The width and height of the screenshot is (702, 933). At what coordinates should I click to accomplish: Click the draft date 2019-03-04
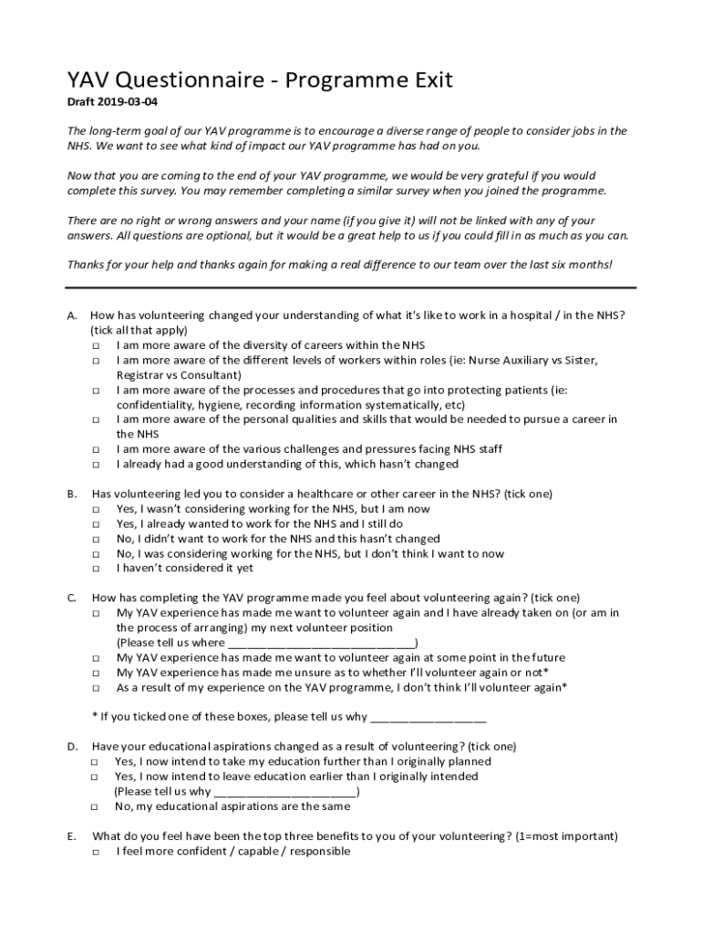pyautogui.click(x=123, y=103)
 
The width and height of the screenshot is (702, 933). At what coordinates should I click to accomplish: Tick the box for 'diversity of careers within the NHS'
pyautogui.click(x=96, y=346)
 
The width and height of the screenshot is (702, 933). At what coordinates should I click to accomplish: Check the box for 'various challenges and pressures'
pyautogui.click(x=96, y=450)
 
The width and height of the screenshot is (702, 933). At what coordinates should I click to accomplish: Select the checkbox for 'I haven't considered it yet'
pyautogui.click(x=96, y=569)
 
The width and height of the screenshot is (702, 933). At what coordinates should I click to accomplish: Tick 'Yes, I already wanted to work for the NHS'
pyautogui.click(x=96, y=525)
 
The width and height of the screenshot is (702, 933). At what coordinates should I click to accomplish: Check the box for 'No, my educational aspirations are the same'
pyautogui.click(x=96, y=807)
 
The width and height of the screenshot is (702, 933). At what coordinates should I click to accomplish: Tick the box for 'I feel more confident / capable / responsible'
pyautogui.click(x=96, y=852)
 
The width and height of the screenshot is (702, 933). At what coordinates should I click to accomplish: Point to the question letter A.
pyautogui.click(x=71, y=315)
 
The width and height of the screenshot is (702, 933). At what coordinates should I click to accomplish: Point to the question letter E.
pyautogui.click(x=71, y=836)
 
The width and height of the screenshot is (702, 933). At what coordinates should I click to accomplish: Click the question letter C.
pyautogui.click(x=71, y=599)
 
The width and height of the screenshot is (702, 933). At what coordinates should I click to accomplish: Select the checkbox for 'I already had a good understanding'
pyautogui.click(x=96, y=465)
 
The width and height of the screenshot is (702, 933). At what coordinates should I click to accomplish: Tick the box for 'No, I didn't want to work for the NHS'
pyautogui.click(x=96, y=539)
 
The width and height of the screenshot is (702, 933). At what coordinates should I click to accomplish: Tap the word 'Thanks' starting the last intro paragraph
pyautogui.click(x=88, y=265)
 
